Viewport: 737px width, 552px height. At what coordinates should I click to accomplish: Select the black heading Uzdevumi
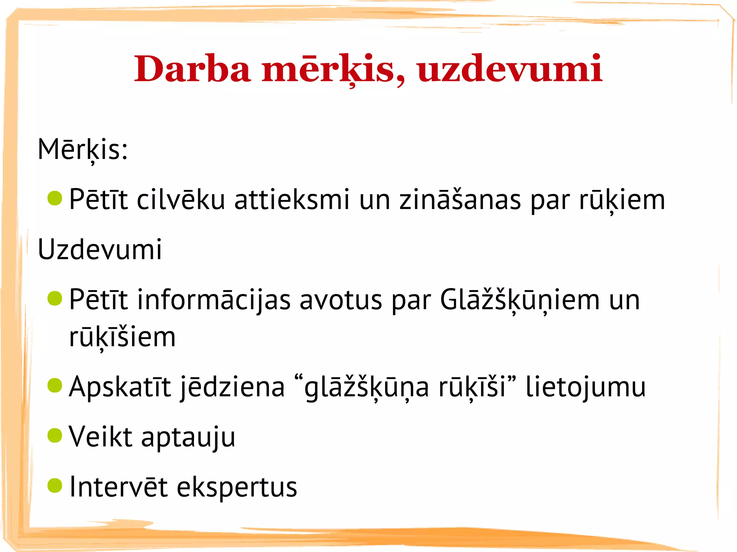(x=100, y=249)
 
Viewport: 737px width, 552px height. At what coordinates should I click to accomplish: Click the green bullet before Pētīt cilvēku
(x=55, y=198)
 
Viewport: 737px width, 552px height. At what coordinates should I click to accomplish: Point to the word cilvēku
(x=181, y=200)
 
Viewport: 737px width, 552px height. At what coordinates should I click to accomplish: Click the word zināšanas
(x=460, y=200)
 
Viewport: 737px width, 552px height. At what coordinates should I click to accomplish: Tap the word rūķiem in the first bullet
(x=622, y=200)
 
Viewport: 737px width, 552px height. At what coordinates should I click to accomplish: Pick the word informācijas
(x=214, y=300)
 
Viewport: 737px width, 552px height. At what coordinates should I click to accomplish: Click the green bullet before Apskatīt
(x=55, y=386)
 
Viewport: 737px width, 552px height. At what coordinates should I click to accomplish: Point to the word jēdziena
(x=232, y=387)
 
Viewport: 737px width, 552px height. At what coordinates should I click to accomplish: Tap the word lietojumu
(x=585, y=387)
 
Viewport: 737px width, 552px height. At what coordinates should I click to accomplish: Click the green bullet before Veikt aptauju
(x=55, y=435)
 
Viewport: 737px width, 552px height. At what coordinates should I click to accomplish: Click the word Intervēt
(x=118, y=487)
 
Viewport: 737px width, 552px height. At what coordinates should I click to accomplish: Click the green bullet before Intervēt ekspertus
(x=55, y=485)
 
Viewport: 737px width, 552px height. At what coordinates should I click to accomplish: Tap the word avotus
(x=341, y=300)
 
